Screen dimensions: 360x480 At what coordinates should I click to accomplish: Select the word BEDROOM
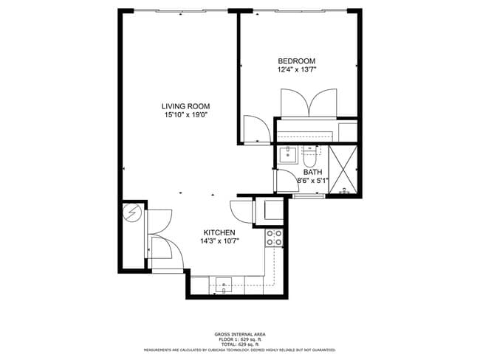pyautogui.click(x=296, y=61)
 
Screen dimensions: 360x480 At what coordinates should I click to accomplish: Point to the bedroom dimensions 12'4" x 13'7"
pyautogui.click(x=296, y=70)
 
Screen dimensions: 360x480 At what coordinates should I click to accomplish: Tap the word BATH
pyautogui.click(x=313, y=172)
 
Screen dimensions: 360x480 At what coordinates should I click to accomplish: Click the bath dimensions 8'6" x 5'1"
pyautogui.click(x=312, y=180)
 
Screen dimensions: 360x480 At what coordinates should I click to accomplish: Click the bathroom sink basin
pyautogui.click(x=287, y=154)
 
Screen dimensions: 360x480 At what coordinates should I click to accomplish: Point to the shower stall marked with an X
pyautogui.click(x=342, y=171)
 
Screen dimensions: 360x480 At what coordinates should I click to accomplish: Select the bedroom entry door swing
pyautogui.click(x=256, y=128)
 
